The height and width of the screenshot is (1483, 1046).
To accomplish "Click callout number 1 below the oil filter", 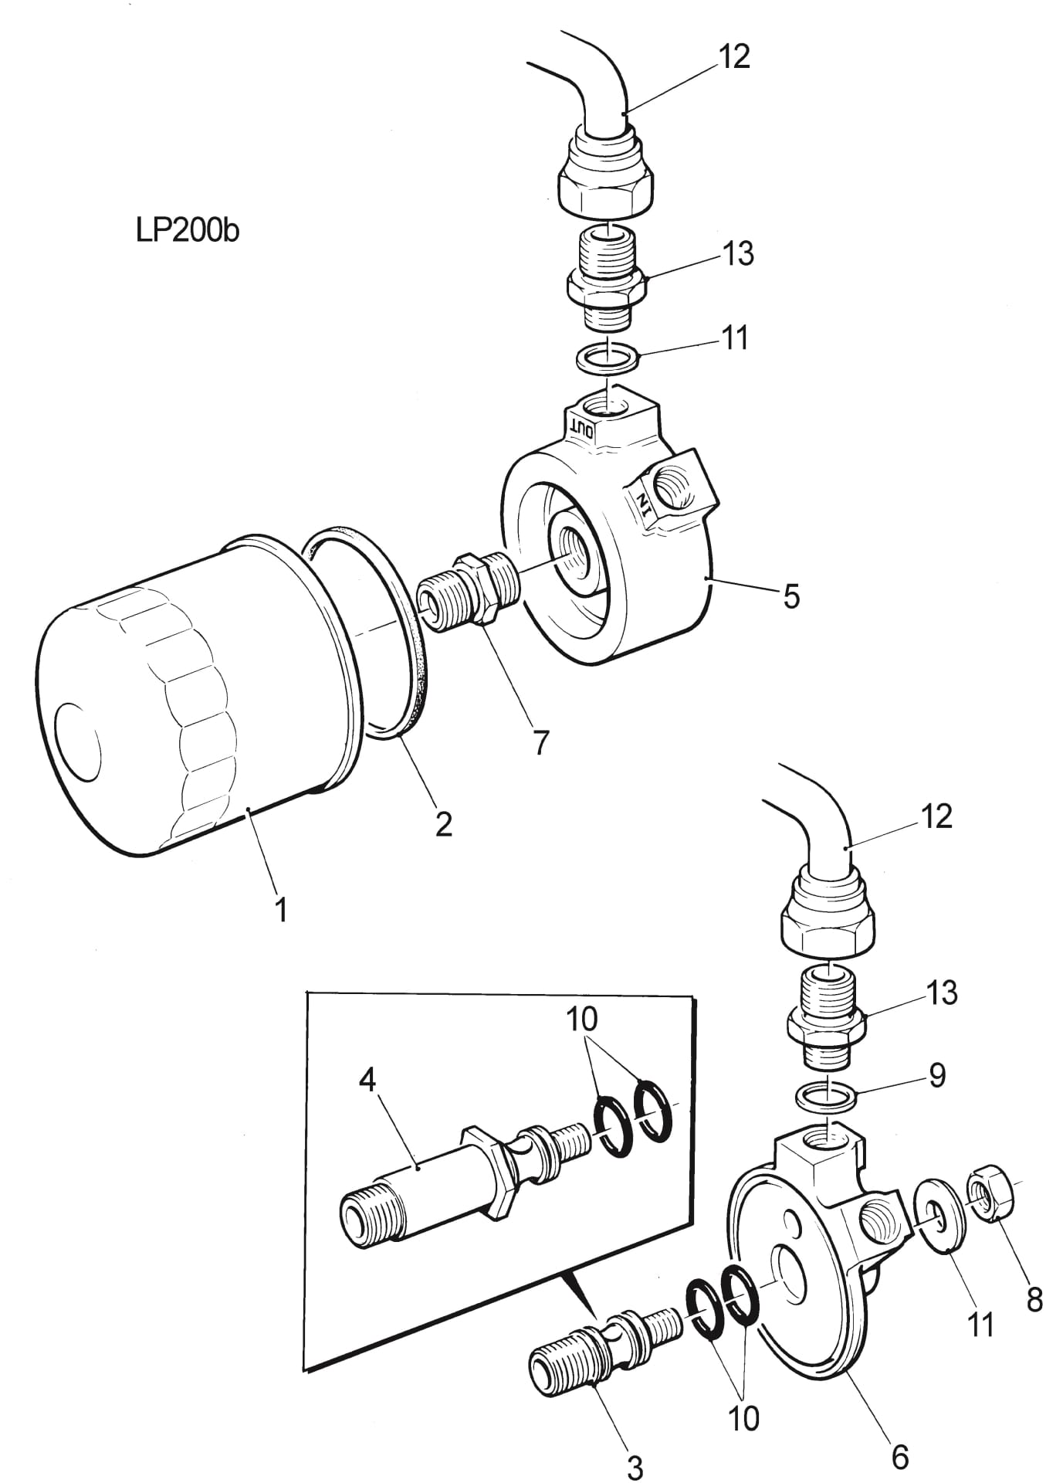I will coord(281,909).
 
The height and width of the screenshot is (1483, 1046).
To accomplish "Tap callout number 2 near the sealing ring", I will coord(443,824).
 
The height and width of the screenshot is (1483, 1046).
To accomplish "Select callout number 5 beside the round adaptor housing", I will coord(791,596).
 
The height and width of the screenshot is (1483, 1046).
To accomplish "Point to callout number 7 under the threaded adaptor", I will coord(540,742).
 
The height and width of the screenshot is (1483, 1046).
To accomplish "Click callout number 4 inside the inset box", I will coord(367,1080).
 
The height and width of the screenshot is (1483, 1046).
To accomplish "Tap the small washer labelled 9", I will coord(825,1095).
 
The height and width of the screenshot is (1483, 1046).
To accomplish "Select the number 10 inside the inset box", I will coord(581,1019).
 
